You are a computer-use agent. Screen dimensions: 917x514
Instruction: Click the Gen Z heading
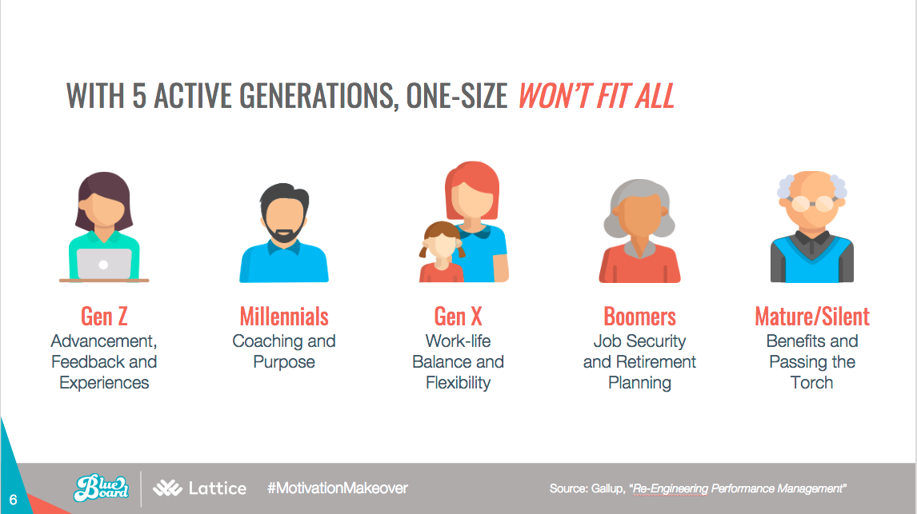104,317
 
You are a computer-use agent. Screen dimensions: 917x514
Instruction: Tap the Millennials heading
284,317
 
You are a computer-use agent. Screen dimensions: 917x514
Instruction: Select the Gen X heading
458,317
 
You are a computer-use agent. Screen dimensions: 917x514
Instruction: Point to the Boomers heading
640,317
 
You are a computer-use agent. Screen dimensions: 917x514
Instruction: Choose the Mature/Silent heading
812,317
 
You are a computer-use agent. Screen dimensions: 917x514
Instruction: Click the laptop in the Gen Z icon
104,265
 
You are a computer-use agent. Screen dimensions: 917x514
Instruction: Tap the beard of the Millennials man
284,229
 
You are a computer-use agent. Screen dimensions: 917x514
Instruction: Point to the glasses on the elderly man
811,204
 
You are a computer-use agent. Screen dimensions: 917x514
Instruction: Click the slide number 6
13,500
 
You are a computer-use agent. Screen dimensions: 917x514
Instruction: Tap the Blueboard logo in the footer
102,488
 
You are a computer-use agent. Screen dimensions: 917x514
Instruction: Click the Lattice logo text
218,488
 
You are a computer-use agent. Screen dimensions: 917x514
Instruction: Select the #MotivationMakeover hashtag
338,488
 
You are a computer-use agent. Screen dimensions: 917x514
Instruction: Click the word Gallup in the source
607,488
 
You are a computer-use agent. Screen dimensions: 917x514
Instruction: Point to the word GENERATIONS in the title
319,96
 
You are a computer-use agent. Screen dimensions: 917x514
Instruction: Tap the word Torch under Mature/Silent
811,383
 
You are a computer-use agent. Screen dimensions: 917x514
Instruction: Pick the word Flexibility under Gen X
458,383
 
